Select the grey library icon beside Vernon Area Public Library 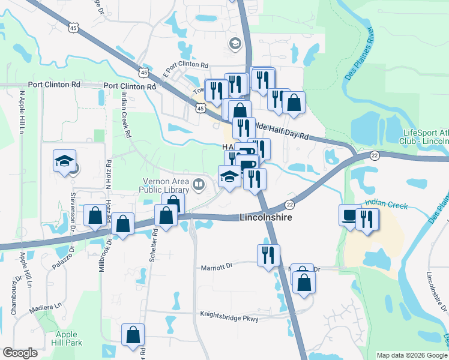click(x=199, y=183)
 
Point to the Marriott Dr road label click(x=216, y=266)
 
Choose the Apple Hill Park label click(x=67, y=339)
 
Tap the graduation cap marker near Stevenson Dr click(x=64, y=161)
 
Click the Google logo click(x=20, y=352)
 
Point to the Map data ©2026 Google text click(x=412, y=355)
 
